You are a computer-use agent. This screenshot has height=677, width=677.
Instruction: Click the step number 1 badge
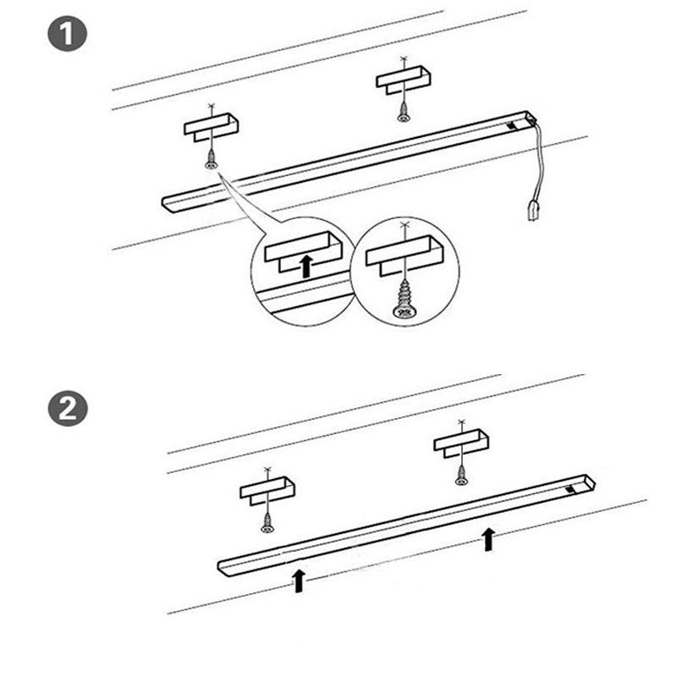click(x=68, y=34)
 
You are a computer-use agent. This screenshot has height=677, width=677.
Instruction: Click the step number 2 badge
click(x=68, y=409)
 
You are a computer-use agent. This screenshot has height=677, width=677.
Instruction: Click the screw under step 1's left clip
click(x=211, y=159)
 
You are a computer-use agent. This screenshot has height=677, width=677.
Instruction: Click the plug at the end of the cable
click(x=535, y=210)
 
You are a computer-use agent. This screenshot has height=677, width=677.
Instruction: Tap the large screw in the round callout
click(x=405, y=299)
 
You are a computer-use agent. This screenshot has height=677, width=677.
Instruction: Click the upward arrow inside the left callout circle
click(x=306, y=266)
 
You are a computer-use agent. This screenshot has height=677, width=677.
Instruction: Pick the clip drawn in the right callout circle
click(x=405, y=255)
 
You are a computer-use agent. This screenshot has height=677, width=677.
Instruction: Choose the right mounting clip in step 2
click(x=461, y=442)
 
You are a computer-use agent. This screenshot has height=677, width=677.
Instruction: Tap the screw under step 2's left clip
click(x=267, y=522)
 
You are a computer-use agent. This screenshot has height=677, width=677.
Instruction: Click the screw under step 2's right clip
click(x=461, y=475)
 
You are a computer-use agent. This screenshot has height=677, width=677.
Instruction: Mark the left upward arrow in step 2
click(x=299, y=581)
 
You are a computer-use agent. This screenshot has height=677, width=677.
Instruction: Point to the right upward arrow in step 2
click(x=488, y=539)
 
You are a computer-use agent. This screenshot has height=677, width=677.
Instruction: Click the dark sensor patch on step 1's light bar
click(x=512, y=126)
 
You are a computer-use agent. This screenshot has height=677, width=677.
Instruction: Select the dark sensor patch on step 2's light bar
click(x=570, y=489)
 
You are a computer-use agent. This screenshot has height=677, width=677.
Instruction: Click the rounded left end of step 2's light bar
click(x=221, y=567)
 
